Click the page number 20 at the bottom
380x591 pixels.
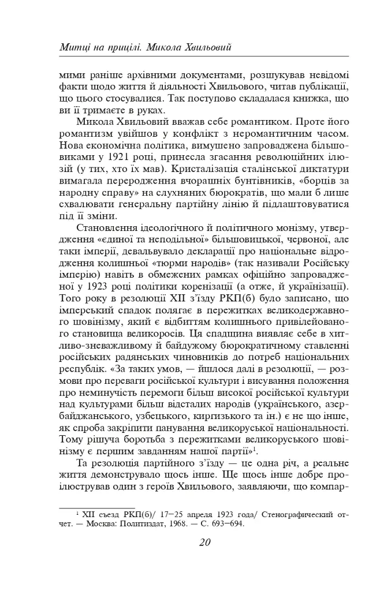204,542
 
